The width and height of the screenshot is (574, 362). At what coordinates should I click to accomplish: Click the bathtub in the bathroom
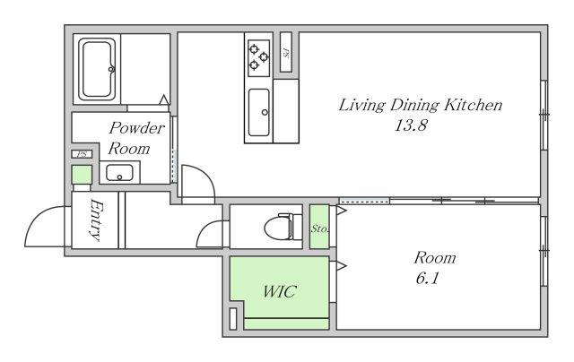(x=97, y=69)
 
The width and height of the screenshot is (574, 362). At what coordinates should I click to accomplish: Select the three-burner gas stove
(x=259, y=57)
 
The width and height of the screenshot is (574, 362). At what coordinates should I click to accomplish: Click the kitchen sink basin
(x=259, y=112)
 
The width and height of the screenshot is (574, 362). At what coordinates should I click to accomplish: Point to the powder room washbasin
(x=119, y=173)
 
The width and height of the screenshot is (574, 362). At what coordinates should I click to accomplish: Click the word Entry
(x=95, y=220)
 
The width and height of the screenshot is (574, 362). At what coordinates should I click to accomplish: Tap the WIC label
(x=279, y=291)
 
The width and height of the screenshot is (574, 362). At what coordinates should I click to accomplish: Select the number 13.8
(x=411, y=125)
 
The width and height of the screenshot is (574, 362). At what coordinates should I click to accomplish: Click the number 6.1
(x=427, y=279)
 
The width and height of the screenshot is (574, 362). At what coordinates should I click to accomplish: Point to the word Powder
(x=137, y=128)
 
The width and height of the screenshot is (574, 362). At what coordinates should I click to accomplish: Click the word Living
(x=361, y=106)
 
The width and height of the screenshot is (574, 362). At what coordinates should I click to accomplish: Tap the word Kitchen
(x=473, y=105)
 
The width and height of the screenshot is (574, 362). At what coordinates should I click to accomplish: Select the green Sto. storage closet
(x=319, y=227)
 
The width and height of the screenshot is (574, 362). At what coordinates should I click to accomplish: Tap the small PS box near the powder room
(x=82, y=154)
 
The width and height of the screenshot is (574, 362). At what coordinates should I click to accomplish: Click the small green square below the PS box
(x=82, y=175)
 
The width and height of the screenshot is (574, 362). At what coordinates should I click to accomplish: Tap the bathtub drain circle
(x=111, y=69)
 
